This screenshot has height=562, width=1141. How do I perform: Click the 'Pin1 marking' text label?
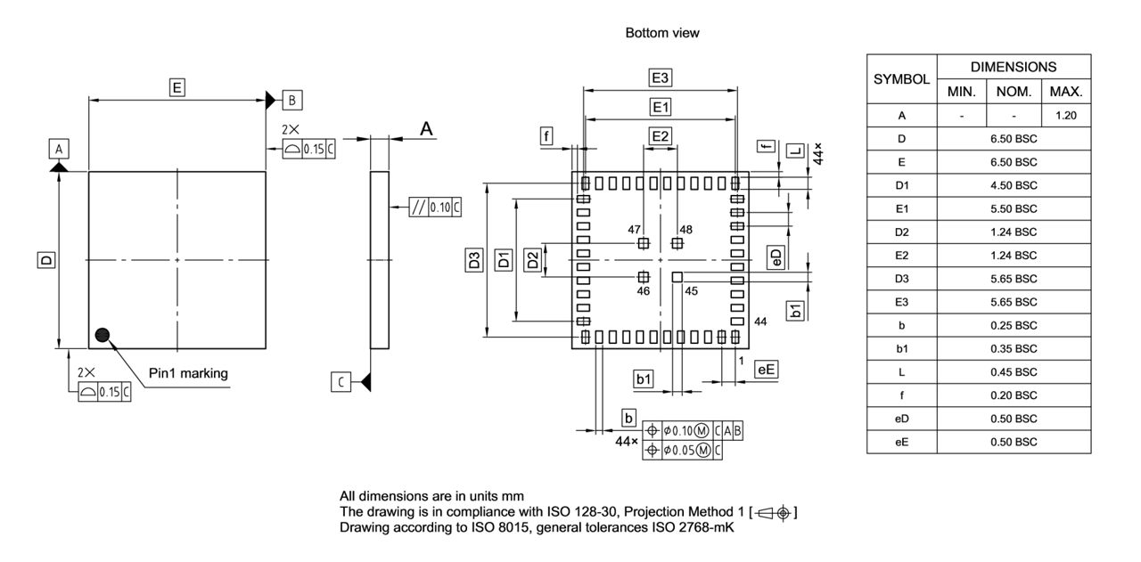point(188,373)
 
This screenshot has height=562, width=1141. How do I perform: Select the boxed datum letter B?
point(292,99)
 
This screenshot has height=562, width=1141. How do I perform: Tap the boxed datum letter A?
point(59,148)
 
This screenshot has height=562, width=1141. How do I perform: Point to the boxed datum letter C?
point(340,382)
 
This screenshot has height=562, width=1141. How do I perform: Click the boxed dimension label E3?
point(660,77)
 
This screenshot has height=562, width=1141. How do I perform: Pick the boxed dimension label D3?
point(475,260)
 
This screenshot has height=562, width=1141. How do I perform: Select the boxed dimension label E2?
point(660,136)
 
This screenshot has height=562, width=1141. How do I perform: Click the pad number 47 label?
point(635,230)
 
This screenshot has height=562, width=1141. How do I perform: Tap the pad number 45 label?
point(691,290)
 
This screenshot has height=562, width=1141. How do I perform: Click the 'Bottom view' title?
point(662,33)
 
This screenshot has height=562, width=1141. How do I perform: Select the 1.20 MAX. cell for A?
point(1065,116)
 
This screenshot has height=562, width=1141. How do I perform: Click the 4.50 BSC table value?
point(1014,185)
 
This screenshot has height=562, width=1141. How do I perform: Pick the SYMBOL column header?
point(901,79)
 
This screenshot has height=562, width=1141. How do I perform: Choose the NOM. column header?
point(1014,92)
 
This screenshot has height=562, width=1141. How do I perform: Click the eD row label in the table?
point(901,419)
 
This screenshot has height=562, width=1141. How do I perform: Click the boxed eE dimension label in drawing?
point(766,369)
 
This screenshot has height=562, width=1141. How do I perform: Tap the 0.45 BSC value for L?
point(1014,371)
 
